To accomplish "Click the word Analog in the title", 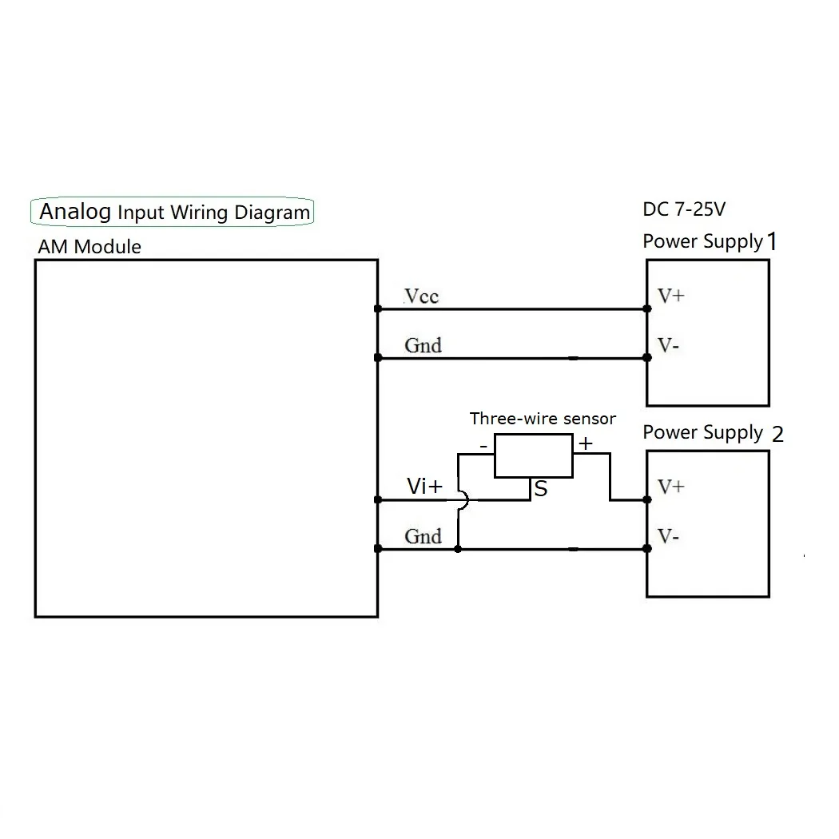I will point(75,212).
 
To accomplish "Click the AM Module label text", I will point(89,247).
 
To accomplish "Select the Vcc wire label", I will point(422,296).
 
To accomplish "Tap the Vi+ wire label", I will point(423,486).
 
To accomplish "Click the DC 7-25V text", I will point(684,210).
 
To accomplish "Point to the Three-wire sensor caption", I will point(543,419).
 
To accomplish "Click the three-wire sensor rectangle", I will point(534,455).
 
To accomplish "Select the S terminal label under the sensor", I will point(541,489).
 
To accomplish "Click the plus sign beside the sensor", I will point(586,444).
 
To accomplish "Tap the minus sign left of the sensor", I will point(483,445).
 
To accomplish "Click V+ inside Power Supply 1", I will point(670,296).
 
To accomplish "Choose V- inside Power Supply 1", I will point(669,345).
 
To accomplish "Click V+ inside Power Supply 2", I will point(670,487).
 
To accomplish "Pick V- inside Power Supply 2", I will point(669,536).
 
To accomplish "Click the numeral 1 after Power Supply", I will point(772,241).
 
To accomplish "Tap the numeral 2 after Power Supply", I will point(777,435).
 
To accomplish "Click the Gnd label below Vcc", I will point(423,345).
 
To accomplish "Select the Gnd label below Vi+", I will point(423,536).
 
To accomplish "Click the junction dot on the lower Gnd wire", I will point(457,549).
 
